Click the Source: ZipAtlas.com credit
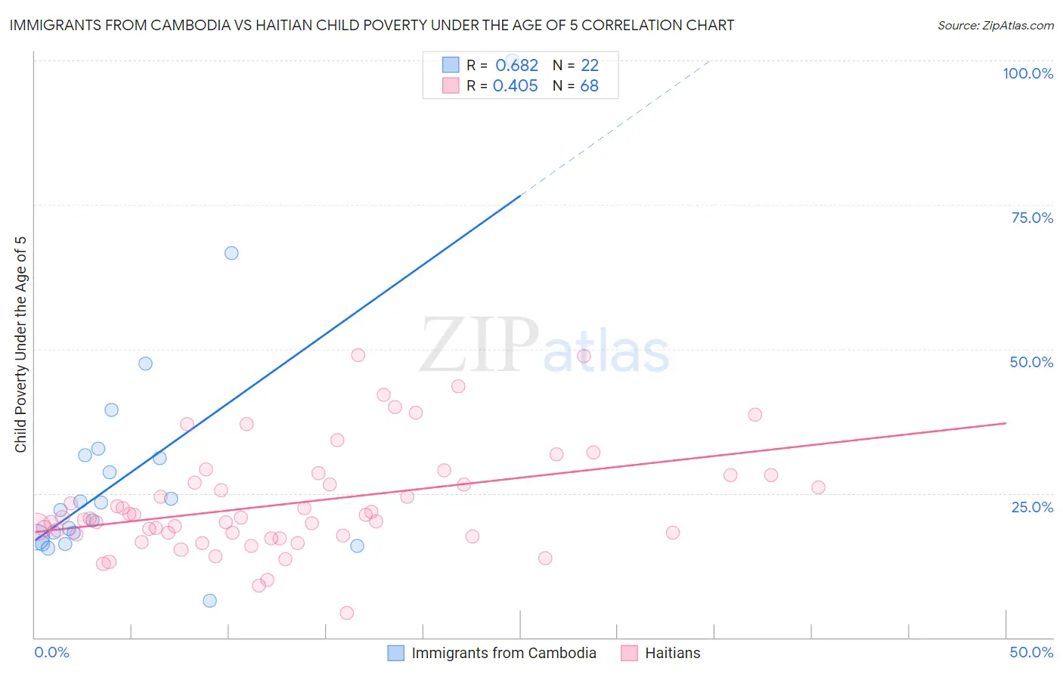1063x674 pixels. coord(995,26)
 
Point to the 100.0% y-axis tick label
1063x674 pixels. coord(1027,73)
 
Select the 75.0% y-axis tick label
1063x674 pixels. coord(1032,218)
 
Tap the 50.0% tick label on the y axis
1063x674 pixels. coord(1031,362)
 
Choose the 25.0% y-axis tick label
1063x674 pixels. coord(1032,507)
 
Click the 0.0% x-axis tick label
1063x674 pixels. coord(51,652)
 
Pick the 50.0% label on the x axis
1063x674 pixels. coord(1031,652)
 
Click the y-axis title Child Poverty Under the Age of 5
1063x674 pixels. coord(21,345)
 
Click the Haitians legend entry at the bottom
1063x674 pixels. coord(672,653)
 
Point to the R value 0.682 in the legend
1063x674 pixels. coord(516,66)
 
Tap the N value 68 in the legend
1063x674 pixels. coord(589,86)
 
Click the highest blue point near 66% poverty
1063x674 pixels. coord(231,253)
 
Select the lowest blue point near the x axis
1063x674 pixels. coord(209,601)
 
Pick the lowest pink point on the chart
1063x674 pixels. coord(347,613)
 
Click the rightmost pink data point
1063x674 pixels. coord(818,487)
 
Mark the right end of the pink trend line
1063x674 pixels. coord(1006,423)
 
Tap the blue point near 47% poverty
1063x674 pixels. coord(145,363)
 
